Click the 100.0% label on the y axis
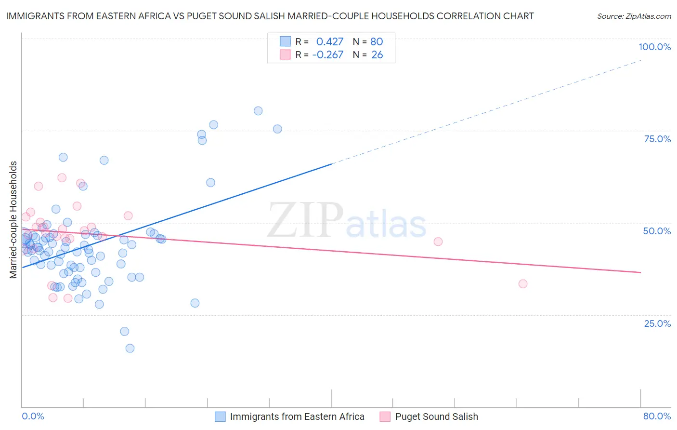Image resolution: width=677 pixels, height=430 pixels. (654, 47)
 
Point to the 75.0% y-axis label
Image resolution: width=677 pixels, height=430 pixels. (657, 139)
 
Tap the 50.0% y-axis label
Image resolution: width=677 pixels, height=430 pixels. (657, 231)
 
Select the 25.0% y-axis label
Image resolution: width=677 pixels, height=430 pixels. (657, 323)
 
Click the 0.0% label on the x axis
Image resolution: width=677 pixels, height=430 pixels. (33, 416)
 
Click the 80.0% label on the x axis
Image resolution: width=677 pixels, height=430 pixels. (657, 416)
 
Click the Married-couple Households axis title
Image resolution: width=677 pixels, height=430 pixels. (13, 220)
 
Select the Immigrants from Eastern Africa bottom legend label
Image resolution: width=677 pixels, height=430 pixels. (297, 417)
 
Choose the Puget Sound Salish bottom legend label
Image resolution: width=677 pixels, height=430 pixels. (436, 417)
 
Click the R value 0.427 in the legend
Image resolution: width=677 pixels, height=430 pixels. (330, 41)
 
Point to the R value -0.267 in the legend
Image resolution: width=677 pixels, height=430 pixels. (328, 54)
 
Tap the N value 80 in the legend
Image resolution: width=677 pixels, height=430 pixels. (377, 41)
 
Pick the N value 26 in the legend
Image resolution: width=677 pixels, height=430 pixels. (377, 54)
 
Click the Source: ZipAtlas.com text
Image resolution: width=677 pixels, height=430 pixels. (634, 16)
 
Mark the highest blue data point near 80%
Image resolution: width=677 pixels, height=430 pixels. (258, 111)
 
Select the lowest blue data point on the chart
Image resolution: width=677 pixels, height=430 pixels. (130, 348)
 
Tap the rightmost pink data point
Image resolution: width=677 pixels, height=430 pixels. (523, 283)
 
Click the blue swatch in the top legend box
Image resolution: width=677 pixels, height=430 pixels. (286, 41)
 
